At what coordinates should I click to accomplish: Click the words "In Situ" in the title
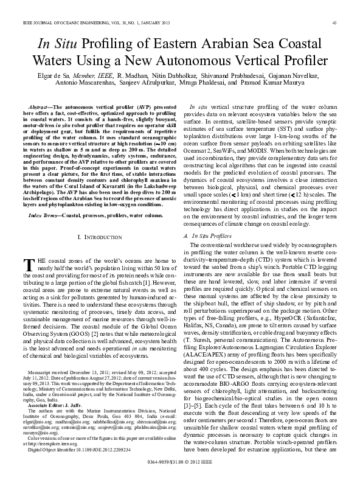(58, 44)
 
